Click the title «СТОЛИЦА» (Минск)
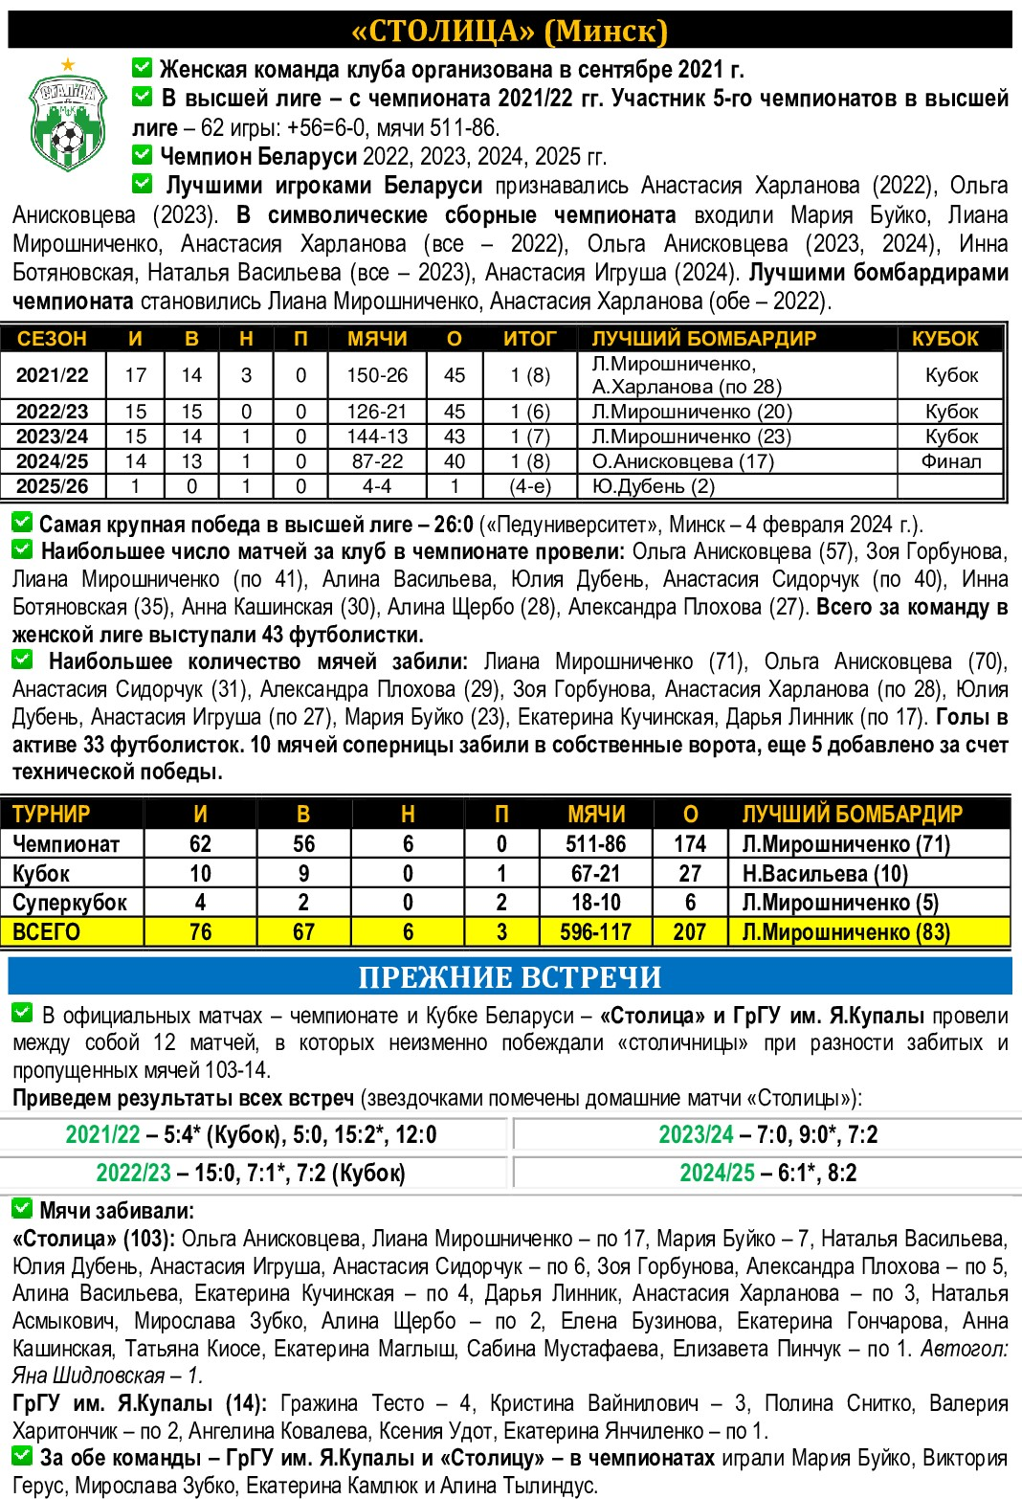510,31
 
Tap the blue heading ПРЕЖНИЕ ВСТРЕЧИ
510,976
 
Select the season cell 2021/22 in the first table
52,375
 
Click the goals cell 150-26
377,375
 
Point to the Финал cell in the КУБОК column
951,461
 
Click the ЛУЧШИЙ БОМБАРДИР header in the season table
703,339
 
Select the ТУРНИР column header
52,815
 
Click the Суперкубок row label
69,903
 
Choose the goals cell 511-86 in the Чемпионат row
595,844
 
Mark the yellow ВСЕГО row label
46,932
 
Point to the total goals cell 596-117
595,932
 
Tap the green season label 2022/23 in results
133,1174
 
